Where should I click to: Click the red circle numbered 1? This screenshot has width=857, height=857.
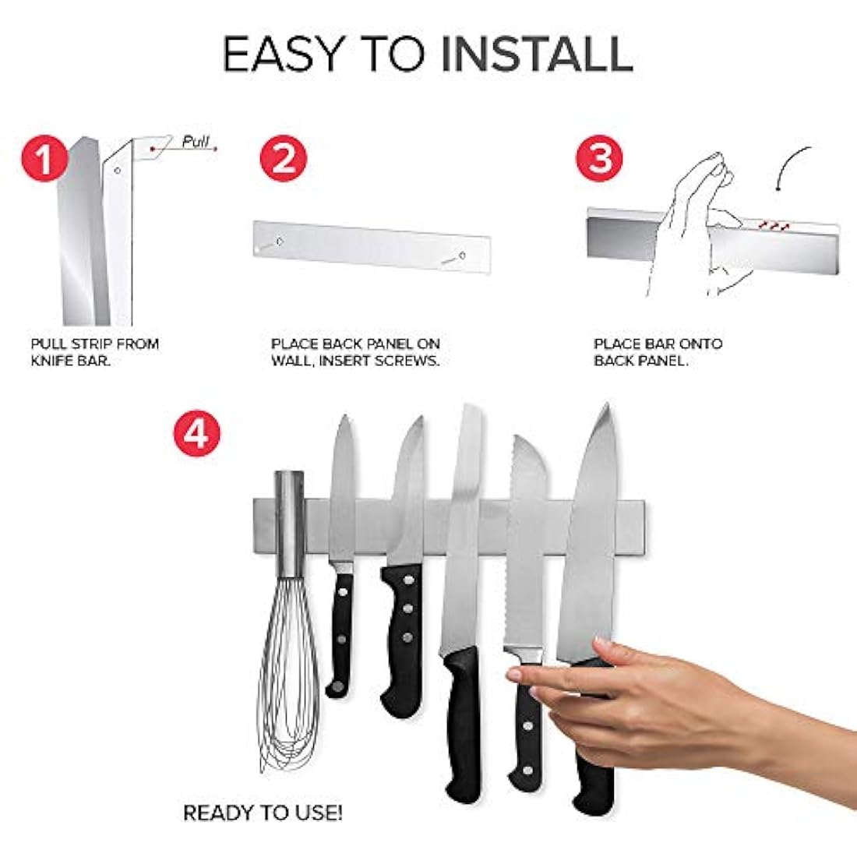(44, 158)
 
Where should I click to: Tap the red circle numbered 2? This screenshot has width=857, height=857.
(283, 158)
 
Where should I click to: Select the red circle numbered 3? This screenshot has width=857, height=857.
(599, 158)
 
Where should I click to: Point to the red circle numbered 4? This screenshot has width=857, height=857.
(197, 433)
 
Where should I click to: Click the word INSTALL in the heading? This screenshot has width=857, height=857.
(537, 54)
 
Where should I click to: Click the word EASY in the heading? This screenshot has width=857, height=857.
(283, 54)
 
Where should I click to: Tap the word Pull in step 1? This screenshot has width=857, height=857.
(195, 142)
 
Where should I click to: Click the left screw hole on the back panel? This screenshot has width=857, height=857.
(280, 241)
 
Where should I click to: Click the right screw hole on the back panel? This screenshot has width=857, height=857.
(462, 256)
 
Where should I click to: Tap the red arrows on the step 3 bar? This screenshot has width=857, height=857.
(771, 224)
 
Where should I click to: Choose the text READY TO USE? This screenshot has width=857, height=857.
(263, 813)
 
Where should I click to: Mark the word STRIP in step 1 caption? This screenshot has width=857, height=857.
(93, 344)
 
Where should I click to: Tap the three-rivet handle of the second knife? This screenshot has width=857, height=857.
(403, 640)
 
